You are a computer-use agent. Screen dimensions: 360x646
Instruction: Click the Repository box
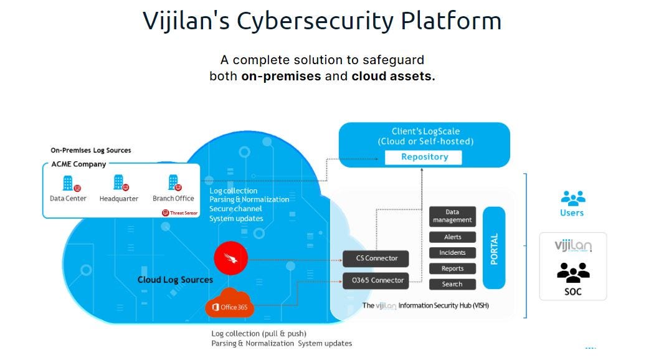424,157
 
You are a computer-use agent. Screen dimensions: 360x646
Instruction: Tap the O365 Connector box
376,280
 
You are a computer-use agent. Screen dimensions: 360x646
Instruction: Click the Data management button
452,216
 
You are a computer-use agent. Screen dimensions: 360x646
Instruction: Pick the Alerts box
452,237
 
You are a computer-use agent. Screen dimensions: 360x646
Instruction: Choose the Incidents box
452,253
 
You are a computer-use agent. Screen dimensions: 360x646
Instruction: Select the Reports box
452,268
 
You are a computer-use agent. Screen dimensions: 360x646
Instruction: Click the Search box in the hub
452,284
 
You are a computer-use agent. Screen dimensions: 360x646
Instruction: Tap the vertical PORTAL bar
494,248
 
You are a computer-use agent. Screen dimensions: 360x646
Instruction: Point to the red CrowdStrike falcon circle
230,257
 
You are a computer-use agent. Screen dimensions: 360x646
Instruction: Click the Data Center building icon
69,183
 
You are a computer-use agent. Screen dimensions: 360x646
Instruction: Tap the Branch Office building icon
174,182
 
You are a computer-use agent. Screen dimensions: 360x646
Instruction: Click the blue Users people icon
572,198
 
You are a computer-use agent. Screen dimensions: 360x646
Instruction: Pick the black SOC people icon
572,273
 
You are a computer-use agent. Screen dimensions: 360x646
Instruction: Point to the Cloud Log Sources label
175,280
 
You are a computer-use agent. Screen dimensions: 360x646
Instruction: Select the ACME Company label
78,164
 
